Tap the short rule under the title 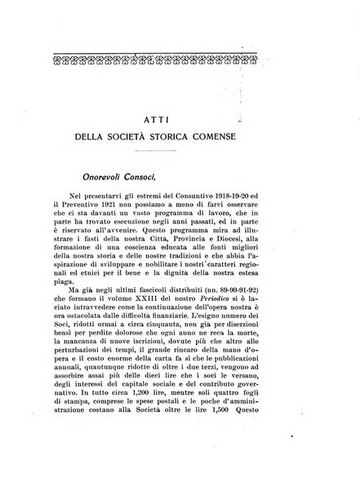tap(180, 153)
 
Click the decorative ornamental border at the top tap(180, 60)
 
